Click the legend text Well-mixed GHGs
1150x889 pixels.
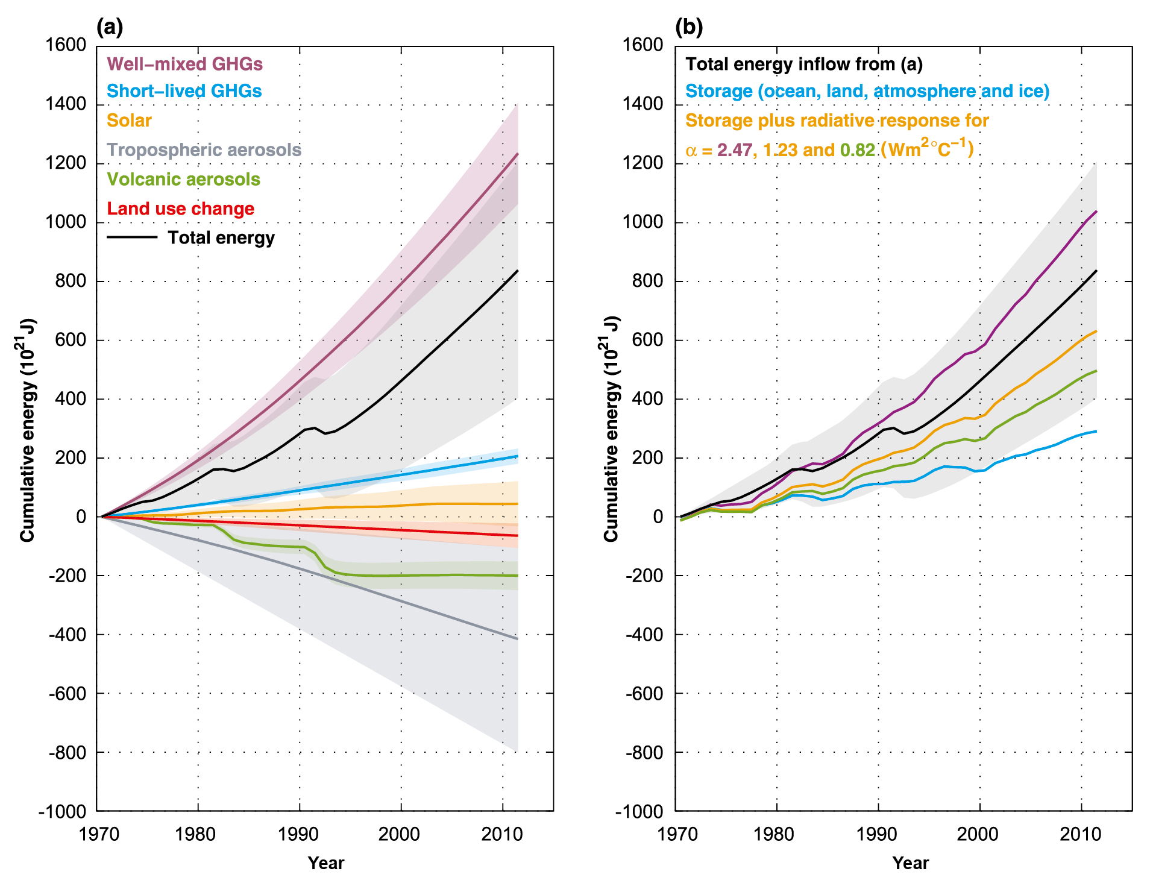coord(184,64)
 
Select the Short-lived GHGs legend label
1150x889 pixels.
coord(184,91)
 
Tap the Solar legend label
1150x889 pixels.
coord(129,121)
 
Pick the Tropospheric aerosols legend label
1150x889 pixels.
coord(204,149)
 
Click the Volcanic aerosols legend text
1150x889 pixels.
coord(183,179)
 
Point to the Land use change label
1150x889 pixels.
coord(180,209)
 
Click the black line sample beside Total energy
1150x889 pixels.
coord(132,237)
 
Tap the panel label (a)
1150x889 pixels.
coord(109,27)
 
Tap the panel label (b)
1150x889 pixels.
coord(689,27)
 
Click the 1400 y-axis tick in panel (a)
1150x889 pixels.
coord(66,104)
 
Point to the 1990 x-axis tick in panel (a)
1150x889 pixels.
coord(298,834)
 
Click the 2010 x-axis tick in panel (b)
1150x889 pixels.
coord(1080,834)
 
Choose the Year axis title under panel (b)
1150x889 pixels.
coord(910,863)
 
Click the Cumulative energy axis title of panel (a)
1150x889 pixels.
coord(27,429)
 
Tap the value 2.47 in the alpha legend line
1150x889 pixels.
coord(734,150)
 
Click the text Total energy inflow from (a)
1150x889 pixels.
coord(804,64)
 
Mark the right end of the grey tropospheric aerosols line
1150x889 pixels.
coord(517,639)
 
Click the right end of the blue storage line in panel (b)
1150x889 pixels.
coord(1096,431)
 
